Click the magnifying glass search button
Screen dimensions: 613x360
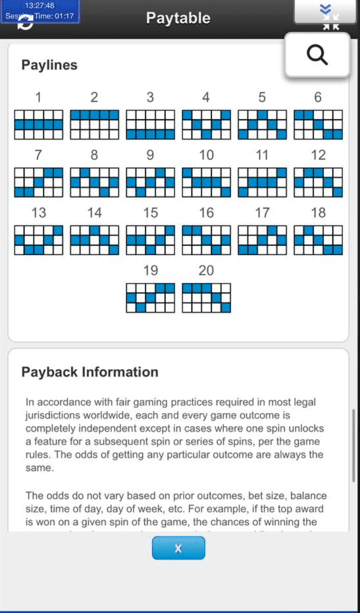317,55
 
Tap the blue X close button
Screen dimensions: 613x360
178,548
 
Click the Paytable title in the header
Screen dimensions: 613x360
178,18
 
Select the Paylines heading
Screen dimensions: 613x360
49,65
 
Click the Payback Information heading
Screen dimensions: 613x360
90,372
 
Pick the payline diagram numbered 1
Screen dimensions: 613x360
39,124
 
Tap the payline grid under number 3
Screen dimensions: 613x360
150,124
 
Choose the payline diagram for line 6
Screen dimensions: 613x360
318,124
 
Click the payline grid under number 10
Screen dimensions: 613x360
207,182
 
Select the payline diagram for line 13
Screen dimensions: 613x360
39,240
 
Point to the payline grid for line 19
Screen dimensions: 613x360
150,298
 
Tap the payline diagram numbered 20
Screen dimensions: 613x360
207,298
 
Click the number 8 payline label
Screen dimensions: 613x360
94,155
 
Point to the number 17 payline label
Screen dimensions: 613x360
262,212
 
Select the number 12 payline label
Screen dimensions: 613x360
318,155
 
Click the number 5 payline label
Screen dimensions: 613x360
262,97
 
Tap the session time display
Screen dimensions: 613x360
40,16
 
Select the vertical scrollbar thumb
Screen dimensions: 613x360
353,445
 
